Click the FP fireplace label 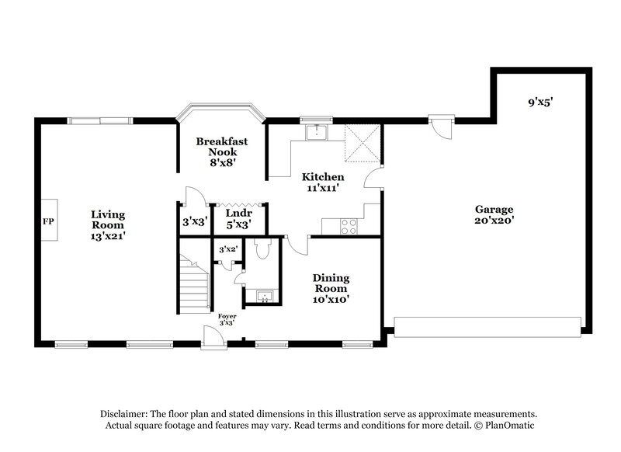[48, 221]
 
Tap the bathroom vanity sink [262, 296]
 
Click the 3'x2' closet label [227, 249]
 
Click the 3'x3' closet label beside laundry [193, 221]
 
